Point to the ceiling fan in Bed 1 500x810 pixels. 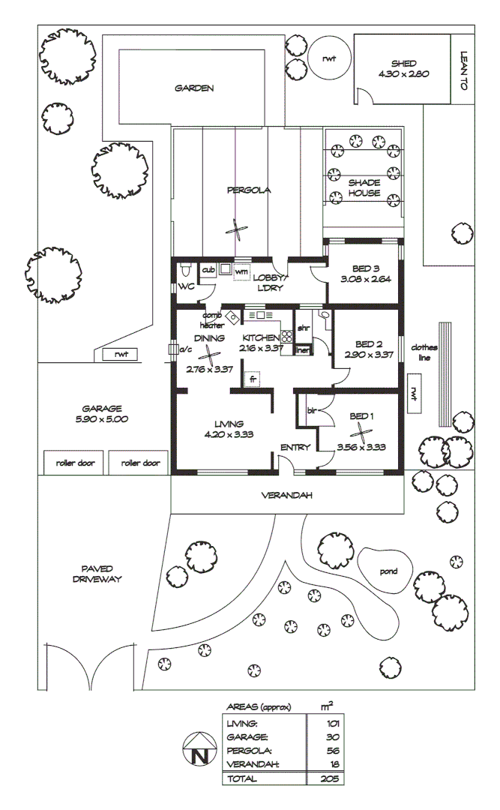361,433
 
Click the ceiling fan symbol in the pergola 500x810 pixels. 237,230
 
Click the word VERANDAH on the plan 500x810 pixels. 286,496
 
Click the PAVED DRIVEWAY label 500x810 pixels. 97,574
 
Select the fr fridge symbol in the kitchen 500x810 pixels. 253,379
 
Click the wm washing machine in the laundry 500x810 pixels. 241,271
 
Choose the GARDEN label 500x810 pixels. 194,88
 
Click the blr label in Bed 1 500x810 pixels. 312,410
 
